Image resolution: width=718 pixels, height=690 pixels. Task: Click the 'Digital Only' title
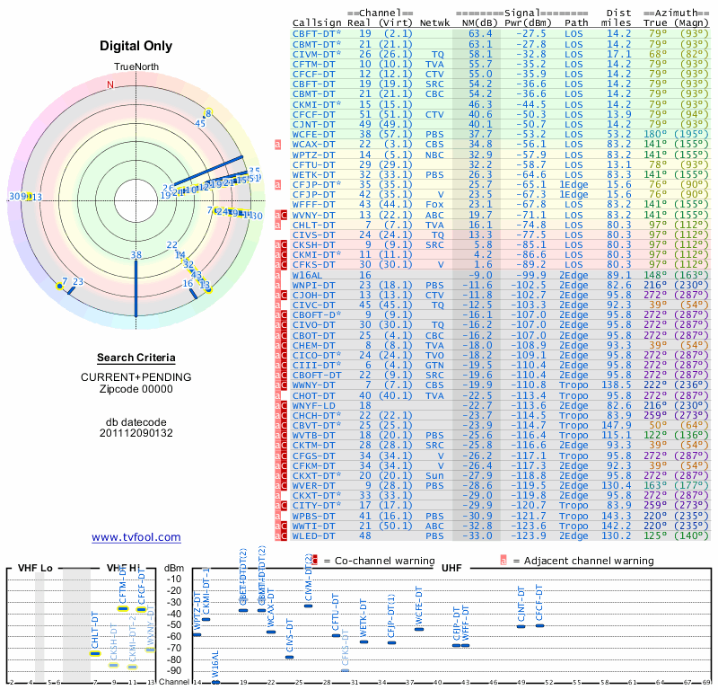(x=136, y=46)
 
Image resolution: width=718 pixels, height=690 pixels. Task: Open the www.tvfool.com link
(x=136, y=537)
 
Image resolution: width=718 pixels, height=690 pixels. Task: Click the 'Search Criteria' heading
(x=136, y=358)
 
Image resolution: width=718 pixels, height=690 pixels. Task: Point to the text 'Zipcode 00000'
(x=136, y=389)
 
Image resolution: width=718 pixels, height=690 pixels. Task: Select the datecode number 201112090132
(x=136, y=433)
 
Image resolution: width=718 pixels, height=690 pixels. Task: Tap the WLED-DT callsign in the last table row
(x=313, y=535)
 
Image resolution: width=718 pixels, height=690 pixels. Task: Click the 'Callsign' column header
(x=317, y=22)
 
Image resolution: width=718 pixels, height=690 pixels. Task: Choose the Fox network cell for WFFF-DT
(x=435, y=204)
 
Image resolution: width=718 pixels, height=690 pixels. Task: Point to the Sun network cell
(x=435, y=475)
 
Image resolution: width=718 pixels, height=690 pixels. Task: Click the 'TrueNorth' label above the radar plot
(x=136, y=68)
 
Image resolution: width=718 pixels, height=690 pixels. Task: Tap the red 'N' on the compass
(x=110, y=85)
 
